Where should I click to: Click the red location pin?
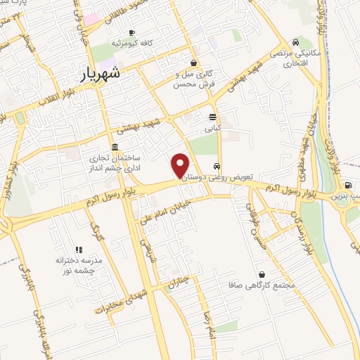pyautogui.click(x=180, y=165)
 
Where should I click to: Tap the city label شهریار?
pyautogui.click(x=97, y=72)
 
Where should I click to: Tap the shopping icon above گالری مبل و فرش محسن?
pyautogui.click(x=194, y=62)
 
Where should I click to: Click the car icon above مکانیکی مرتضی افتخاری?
pyautogui.click(x=302, y=41)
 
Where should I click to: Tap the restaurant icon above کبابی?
pyautogui.click(x=212, y=117)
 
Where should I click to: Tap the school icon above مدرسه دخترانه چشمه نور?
pyautogui.click(x=79, y=249)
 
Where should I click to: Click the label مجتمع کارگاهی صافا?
pyautogui.click(x=255, y=286)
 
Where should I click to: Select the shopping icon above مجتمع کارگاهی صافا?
pyautogui.click(x=262, y=274)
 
